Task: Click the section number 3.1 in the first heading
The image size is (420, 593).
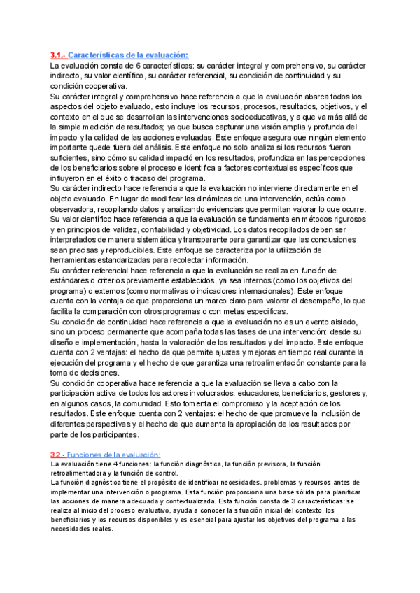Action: click(57, 55)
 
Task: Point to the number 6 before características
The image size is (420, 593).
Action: click(137, 65)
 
